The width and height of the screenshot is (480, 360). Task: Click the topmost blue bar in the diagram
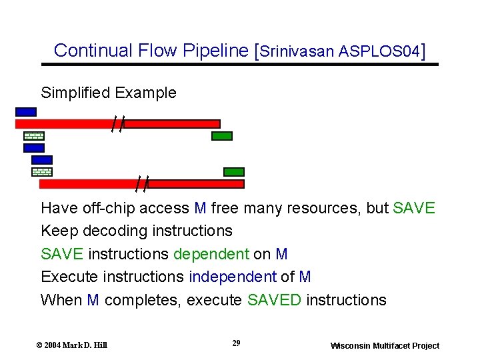[26, 112]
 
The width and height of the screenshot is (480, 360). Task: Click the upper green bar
[222, 136]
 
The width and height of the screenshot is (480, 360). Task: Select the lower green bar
[234, 172]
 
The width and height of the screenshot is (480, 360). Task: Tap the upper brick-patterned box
[33, 136]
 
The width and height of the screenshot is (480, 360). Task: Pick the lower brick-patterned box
[41, 172]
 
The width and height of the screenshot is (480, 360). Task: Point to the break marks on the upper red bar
[117, 124]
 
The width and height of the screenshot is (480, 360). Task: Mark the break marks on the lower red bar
[141, 183]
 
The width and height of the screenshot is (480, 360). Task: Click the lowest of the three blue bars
[41, 160]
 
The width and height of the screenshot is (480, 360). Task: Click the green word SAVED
[274, 300]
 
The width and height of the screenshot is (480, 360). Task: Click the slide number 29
[236, 343]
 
